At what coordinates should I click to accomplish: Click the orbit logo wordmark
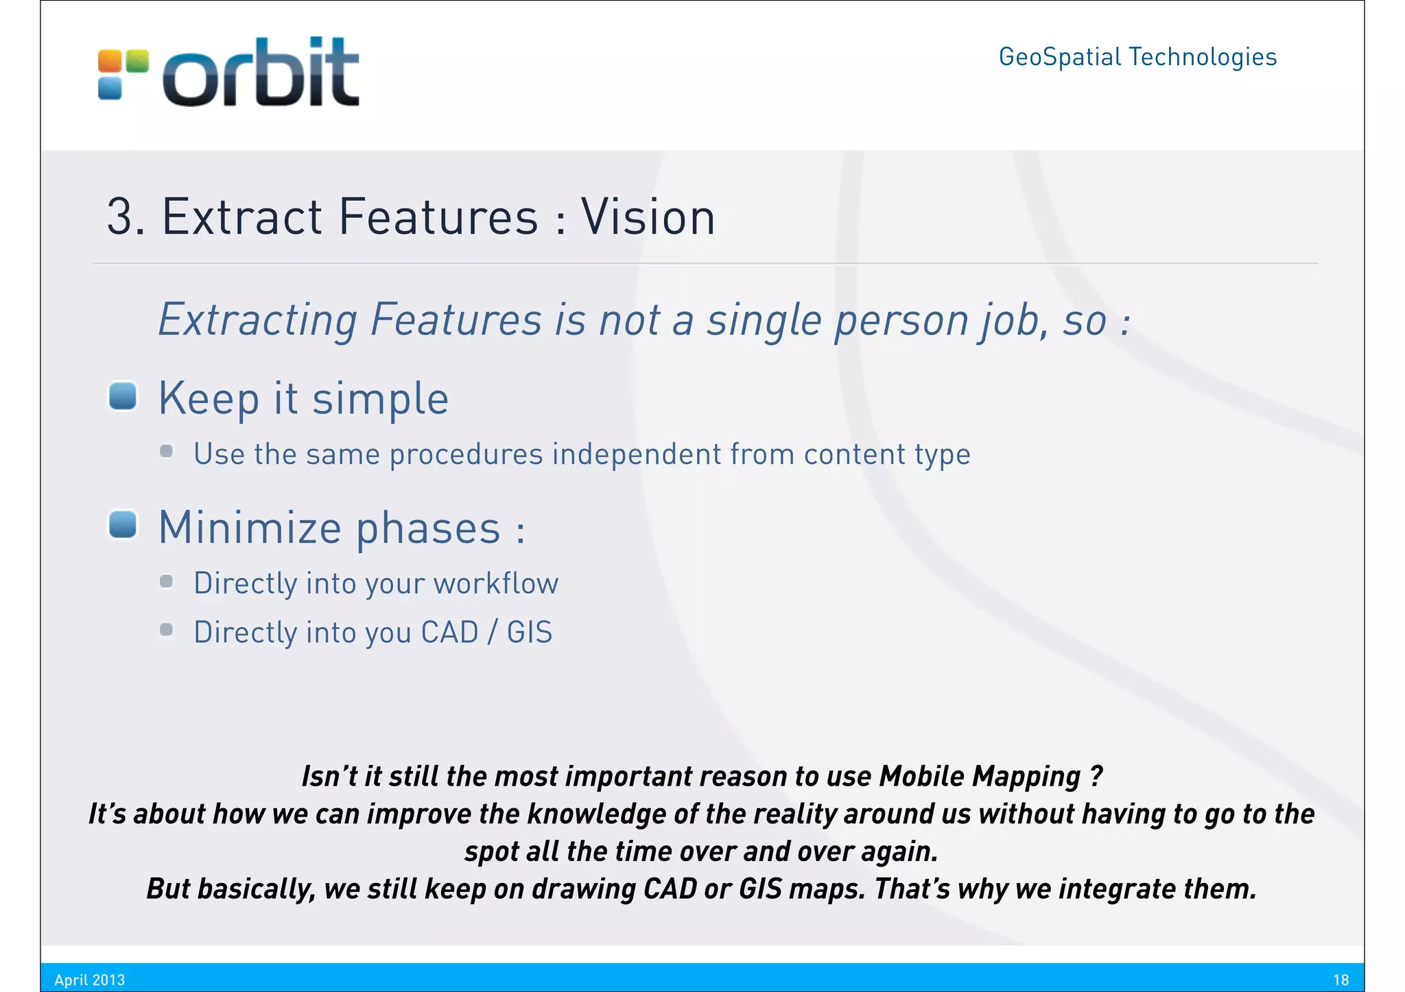pos(261,72)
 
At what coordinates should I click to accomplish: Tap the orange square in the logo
pos(110,61)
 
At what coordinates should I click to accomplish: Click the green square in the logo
pos(137,61)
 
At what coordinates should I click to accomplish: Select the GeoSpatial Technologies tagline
pos(1137,57)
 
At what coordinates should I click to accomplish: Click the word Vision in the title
pos(648,217)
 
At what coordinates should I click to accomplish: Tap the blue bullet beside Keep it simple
pos(123,396)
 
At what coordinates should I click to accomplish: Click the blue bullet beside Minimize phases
pos(123,525)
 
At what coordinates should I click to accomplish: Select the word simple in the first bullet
pos(381,399)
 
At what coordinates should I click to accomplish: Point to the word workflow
pos(496,583)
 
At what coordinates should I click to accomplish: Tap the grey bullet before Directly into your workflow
pos(166,581)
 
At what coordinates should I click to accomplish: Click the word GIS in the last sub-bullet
pos(530,632)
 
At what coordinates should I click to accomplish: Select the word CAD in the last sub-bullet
pos(449,632)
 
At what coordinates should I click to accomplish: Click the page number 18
pos(1341,980)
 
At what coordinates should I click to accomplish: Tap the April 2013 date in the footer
pos(90,980)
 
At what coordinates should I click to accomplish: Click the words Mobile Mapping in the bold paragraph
pos(980,776)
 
